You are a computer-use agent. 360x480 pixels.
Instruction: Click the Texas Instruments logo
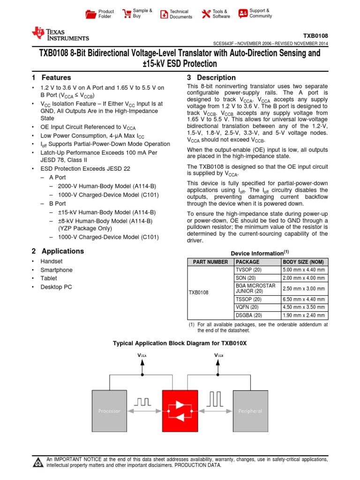pyautogui.click(x=60, y=34)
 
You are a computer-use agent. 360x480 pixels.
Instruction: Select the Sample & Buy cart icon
pyautogui.click(x=127, y=14)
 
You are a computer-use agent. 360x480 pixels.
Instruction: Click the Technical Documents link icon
pyautogui.click(x=164, y=14)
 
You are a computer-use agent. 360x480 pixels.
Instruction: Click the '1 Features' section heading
pyautogui.click(x=52, y=78)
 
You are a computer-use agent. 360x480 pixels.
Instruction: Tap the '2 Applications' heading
pyautogui.click(x=58, y=251)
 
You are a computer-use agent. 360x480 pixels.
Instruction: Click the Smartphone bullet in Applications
pyautogui.click(x=56, y=270)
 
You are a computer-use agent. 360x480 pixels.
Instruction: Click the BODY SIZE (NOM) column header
pyautogui.click(x=304, y=262)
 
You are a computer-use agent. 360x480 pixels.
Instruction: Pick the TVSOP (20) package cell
pyautogui.click(x=248, y=270)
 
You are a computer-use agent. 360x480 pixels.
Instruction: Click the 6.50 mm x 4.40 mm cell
pyautogui.click(x=304, y=299)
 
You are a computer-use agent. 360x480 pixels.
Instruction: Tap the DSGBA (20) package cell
pyautogui.click(x=248, y=315)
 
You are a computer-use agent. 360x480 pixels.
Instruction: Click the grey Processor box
pyautogui.click(x=109, y=411)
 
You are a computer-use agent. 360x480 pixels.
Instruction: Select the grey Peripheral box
pyautogui.click(x=250, y=411)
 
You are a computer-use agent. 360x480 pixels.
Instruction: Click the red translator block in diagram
pyautogui.click(x=180, y=411)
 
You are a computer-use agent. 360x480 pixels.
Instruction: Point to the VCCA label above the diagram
pyautogui.click(x=142, y=356)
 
